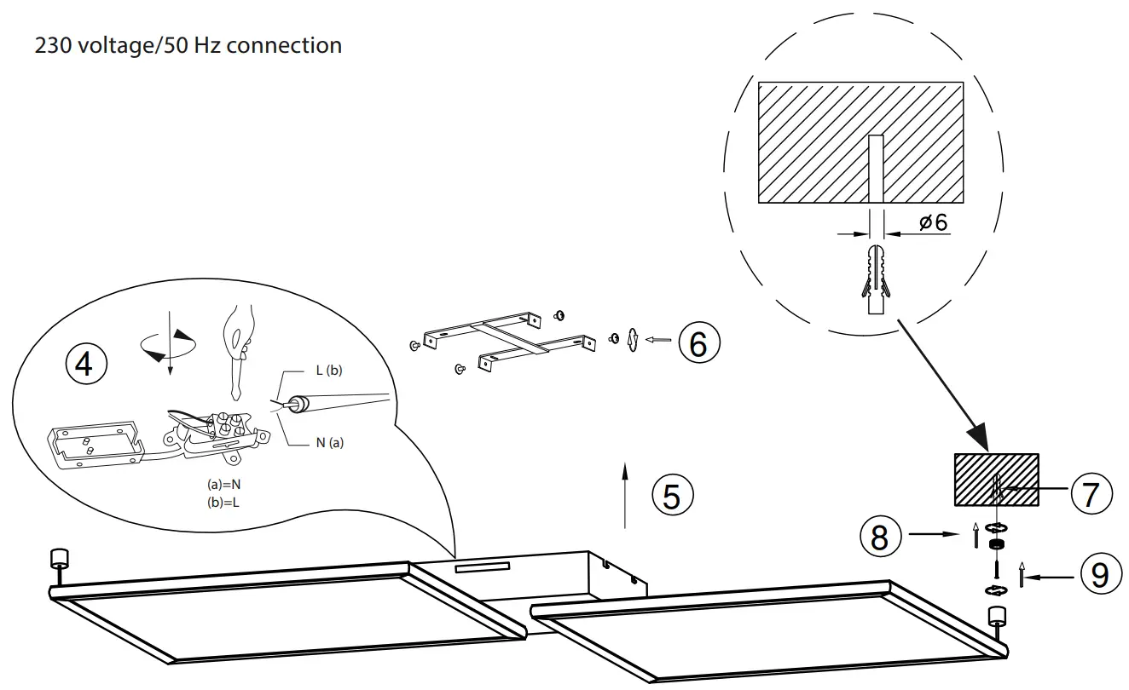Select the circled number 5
tap(672, 495)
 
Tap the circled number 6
tap(698, 343)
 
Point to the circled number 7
tap(1091, 493)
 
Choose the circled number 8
tap(878, 538)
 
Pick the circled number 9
tap(1100, 575)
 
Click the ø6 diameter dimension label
tap(933, 222)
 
